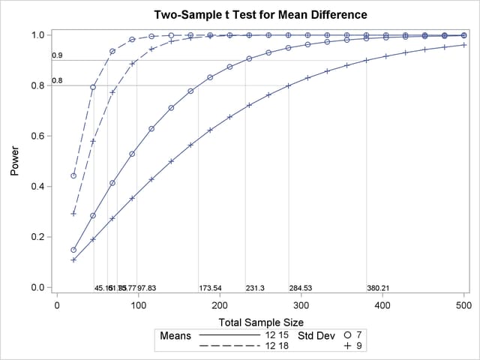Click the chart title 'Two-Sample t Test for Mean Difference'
tap(260, 15)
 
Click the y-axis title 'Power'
tap(15, 161)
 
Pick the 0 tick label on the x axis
tap(57, 304)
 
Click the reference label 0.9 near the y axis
tap(57, 55)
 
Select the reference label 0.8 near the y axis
tap(57, 80)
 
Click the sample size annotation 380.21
tap(378, 288)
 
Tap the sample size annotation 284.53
tap(301, 288)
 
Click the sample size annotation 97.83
tap(146, 288)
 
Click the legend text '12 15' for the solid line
tap(276, 334)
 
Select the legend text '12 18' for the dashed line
tap(276, 346)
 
